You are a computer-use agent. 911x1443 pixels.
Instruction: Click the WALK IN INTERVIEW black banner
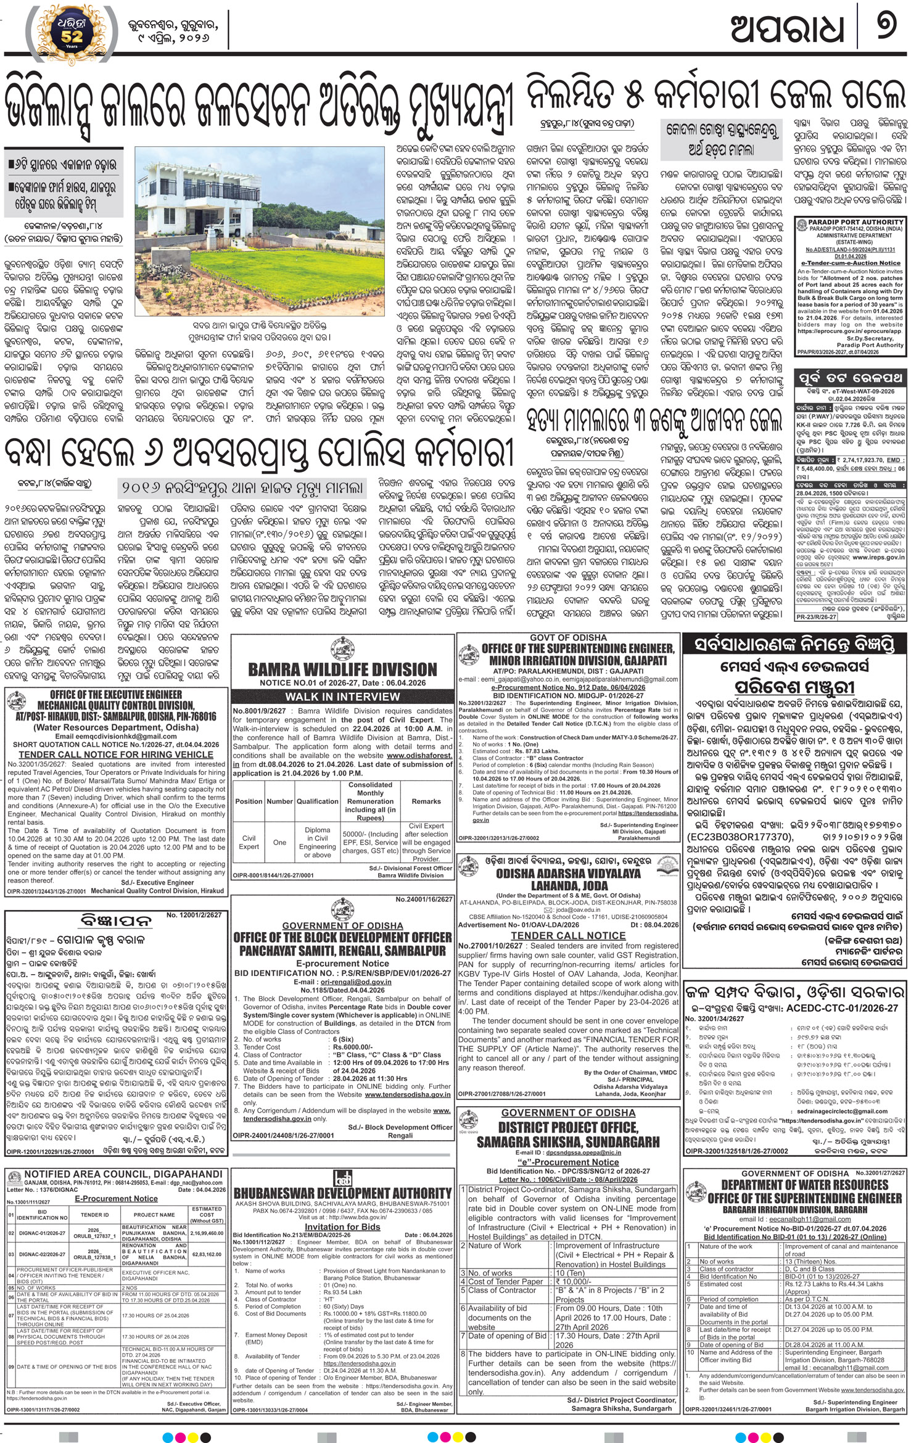coord(342,697)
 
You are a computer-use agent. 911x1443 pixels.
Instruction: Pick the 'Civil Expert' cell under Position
coord(249,842)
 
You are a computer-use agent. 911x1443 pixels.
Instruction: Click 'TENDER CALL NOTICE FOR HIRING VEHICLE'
coord(116,754)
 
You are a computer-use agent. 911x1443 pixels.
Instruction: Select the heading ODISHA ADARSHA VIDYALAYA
coord(569,874)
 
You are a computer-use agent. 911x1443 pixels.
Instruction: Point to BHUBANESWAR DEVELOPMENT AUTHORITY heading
coord(342,1193)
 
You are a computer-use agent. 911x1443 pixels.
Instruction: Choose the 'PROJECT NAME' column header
coord(154,1214)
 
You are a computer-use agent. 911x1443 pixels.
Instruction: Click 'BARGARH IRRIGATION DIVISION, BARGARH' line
coord(794,1210)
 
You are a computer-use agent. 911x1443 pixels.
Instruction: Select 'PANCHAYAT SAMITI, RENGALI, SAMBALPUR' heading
coord(342,951)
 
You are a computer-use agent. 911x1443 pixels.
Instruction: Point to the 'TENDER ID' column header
coord(95,1214)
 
